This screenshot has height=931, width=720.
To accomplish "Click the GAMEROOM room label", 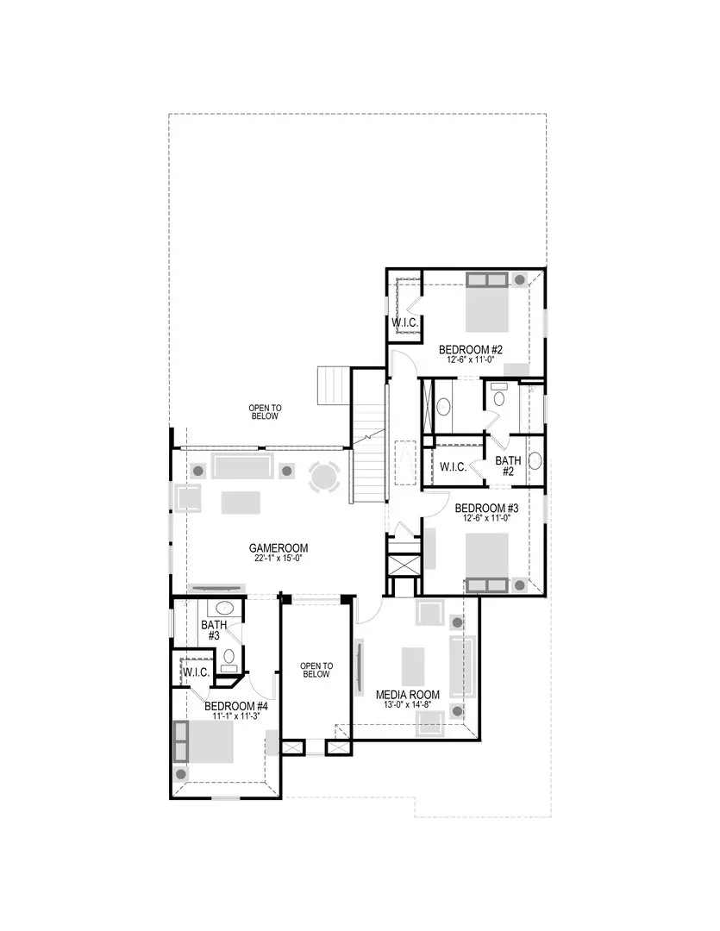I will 279,547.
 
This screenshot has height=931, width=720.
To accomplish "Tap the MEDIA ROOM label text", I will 408,694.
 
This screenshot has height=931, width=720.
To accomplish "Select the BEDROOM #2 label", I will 470,349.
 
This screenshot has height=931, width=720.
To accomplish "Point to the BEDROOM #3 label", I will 486,508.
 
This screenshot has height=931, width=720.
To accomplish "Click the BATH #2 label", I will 507,466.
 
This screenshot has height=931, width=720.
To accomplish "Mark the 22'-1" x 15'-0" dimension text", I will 279,559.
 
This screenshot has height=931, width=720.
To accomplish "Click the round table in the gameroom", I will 325,477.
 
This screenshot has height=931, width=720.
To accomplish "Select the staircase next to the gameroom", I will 366,470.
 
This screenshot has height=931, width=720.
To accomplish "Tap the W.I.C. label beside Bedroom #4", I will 195,672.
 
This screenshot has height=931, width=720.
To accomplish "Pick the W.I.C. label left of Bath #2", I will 453,467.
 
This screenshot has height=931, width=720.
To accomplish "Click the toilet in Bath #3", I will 229,659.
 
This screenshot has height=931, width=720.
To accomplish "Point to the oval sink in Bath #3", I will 222,607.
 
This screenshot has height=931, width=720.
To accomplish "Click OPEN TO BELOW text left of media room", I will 316,670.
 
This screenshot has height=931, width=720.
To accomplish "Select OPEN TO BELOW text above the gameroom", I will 265,412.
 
